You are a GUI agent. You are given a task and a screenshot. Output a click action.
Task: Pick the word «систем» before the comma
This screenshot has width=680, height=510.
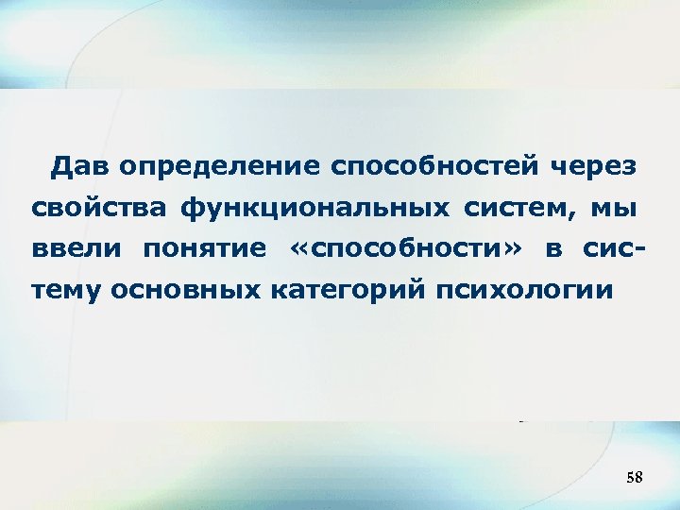tap(516, 207)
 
